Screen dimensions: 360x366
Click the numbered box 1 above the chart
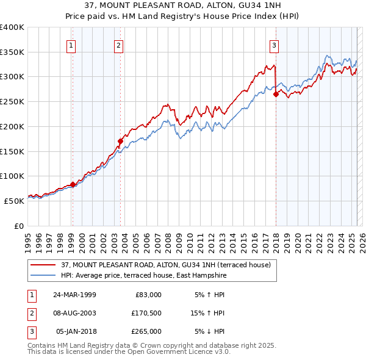(x=72, y=45)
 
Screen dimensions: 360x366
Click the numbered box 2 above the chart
(x=118, y=45)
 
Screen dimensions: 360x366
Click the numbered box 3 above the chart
(x=274, y=45)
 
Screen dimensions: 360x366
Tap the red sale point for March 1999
(x=73, y=184)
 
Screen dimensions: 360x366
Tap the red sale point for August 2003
(x=120, y=142)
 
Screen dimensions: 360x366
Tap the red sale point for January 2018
(x=276, y=95)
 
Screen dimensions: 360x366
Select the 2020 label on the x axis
(x=297, y=238)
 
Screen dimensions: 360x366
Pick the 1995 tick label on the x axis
(x=27, y=238)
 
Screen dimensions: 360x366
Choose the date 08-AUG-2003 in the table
(x=74, y=314)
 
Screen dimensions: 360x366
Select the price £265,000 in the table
(x=146, y=331)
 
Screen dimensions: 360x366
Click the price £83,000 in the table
(x=148, y=295)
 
